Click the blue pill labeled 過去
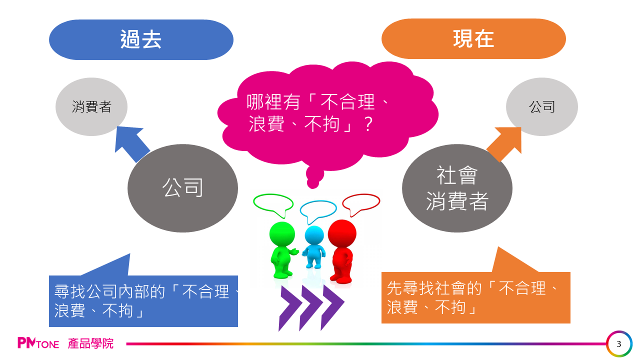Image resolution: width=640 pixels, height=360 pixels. pyautogui.click(x=141, y=39)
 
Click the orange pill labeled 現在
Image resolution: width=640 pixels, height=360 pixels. pyautogui.click(x=473, y=39)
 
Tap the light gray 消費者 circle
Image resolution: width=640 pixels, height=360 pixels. pyautogui.click(x=91, y=106)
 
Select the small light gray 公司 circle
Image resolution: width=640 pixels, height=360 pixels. pyautogui.click(x=541, y=106)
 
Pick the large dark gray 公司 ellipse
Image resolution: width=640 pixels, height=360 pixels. pyautogui.click(x=182, y=188)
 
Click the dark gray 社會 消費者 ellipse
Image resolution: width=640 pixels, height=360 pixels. pyautogui.click(x=457, y=188)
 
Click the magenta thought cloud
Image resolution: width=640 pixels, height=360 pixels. pyautogui.click(x=327, y=117)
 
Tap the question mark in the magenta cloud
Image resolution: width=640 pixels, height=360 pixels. pyautogui.click(x=368, y=124)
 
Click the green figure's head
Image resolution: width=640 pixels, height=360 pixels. pyautogui.click(x=282, y=234)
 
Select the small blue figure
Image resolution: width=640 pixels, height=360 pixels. pyautogui.click(x=314, y=247)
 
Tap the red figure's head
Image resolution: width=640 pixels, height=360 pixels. pyautogui.click(x=342, y=233)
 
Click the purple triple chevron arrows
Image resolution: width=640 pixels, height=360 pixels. pyautogui.click(x=311, y=308)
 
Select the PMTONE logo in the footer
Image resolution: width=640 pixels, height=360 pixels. pyautogui.click(x=38, y=343)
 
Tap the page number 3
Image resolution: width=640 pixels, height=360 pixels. pyautogui.click(x=619, y=343)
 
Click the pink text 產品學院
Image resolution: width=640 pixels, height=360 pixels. pyautogui.click(x=90, y=343)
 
